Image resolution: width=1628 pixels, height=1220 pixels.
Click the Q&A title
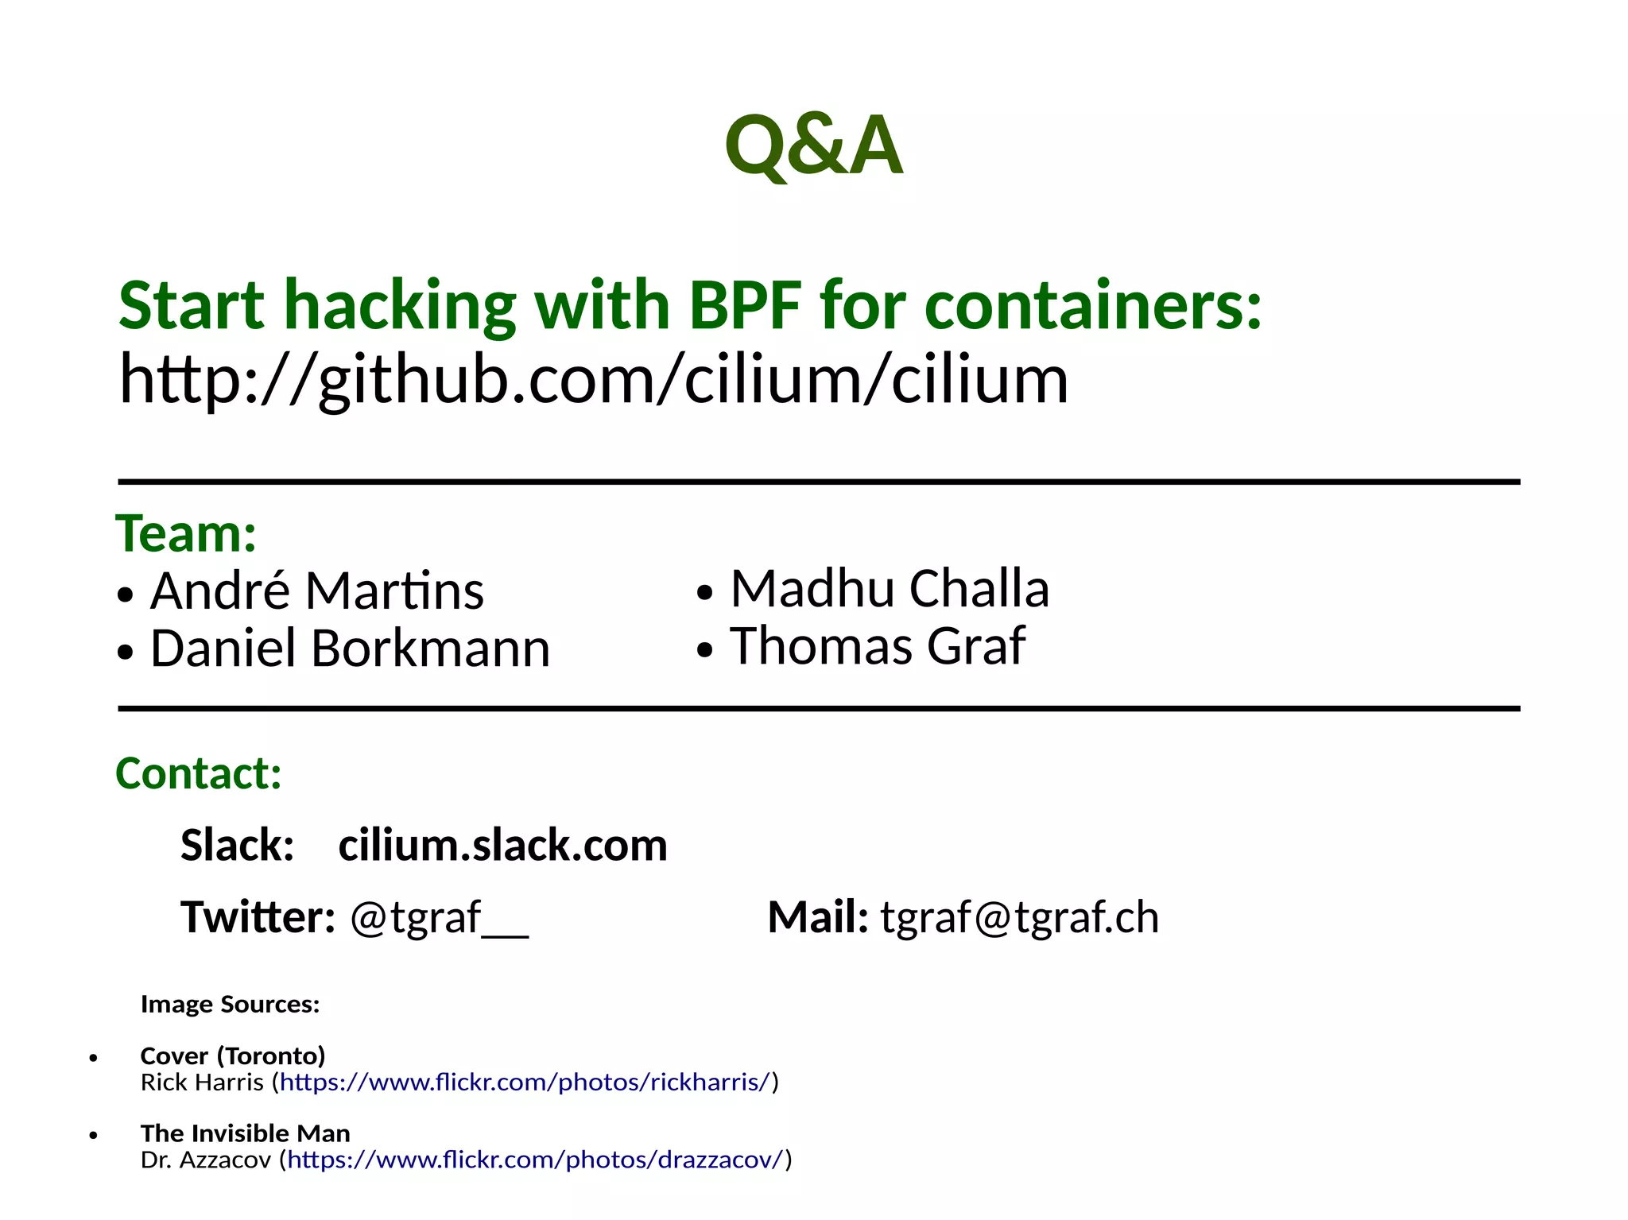[x=813, y=145]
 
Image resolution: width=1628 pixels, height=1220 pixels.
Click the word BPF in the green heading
[x=744, y=306]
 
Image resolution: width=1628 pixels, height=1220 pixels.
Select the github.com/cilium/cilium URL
[x=593, y=380]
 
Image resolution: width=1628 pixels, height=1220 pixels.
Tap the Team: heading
[x=186, y=533]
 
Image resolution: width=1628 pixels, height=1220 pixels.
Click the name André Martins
[x=316, y=591]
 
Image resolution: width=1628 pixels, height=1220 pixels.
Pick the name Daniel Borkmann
[x=350, y=649]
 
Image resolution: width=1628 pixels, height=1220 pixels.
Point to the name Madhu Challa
[x=890, y=589]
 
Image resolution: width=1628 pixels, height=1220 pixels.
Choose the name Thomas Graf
[x=878, y=646]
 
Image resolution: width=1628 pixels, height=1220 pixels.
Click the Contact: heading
[x=199, y=773]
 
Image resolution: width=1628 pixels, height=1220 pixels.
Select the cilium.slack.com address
[x=502, y=845]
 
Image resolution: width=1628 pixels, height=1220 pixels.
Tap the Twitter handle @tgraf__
[x=439, y=917]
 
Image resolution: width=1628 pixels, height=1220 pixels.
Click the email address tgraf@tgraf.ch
[x=1019, y=917]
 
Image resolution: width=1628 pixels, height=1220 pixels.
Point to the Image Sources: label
[x=230, y=1005]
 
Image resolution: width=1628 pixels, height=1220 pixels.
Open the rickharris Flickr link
[x=525, y=1083]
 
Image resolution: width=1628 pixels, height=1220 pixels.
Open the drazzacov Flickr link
[x=537, y=1160]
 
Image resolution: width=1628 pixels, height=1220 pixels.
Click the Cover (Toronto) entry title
[x=233, y=1056]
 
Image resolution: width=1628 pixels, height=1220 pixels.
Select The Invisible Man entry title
[x=245, y=1133]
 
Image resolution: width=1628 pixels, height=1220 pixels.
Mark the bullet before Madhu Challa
[x=704, y=593]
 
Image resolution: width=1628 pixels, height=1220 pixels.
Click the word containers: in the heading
[x=1093, y=306]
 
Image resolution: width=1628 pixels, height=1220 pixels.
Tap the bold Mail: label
[x=817, y=917]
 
